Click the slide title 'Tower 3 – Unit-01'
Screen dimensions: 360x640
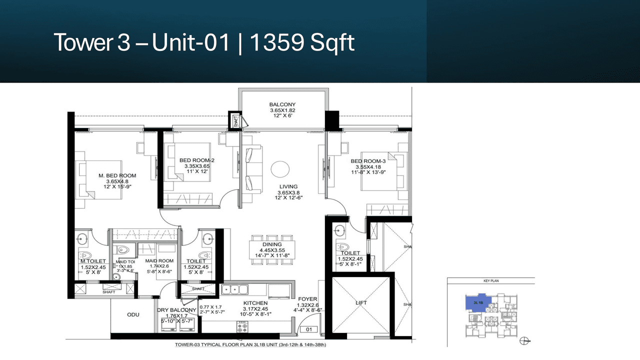click(142, 43)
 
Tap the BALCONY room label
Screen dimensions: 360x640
click(283, 104)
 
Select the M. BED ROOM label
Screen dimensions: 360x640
click(117, 175)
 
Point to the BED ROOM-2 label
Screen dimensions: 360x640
click(197, 160)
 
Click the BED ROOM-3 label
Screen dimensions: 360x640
click(368, 161)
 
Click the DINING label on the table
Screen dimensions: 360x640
click(271, 245)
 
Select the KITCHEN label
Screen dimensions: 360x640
click(255, 303)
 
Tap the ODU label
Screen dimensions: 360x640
click(133, 314)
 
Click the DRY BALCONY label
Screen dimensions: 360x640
click(176, 310)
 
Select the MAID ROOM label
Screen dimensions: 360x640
click(159, 261)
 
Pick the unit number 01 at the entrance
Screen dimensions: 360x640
click(308, 329)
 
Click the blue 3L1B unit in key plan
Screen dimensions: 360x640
click(478, 303)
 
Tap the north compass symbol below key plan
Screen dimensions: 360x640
click(524, 341)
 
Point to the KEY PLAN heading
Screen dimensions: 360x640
click(491, 281)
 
